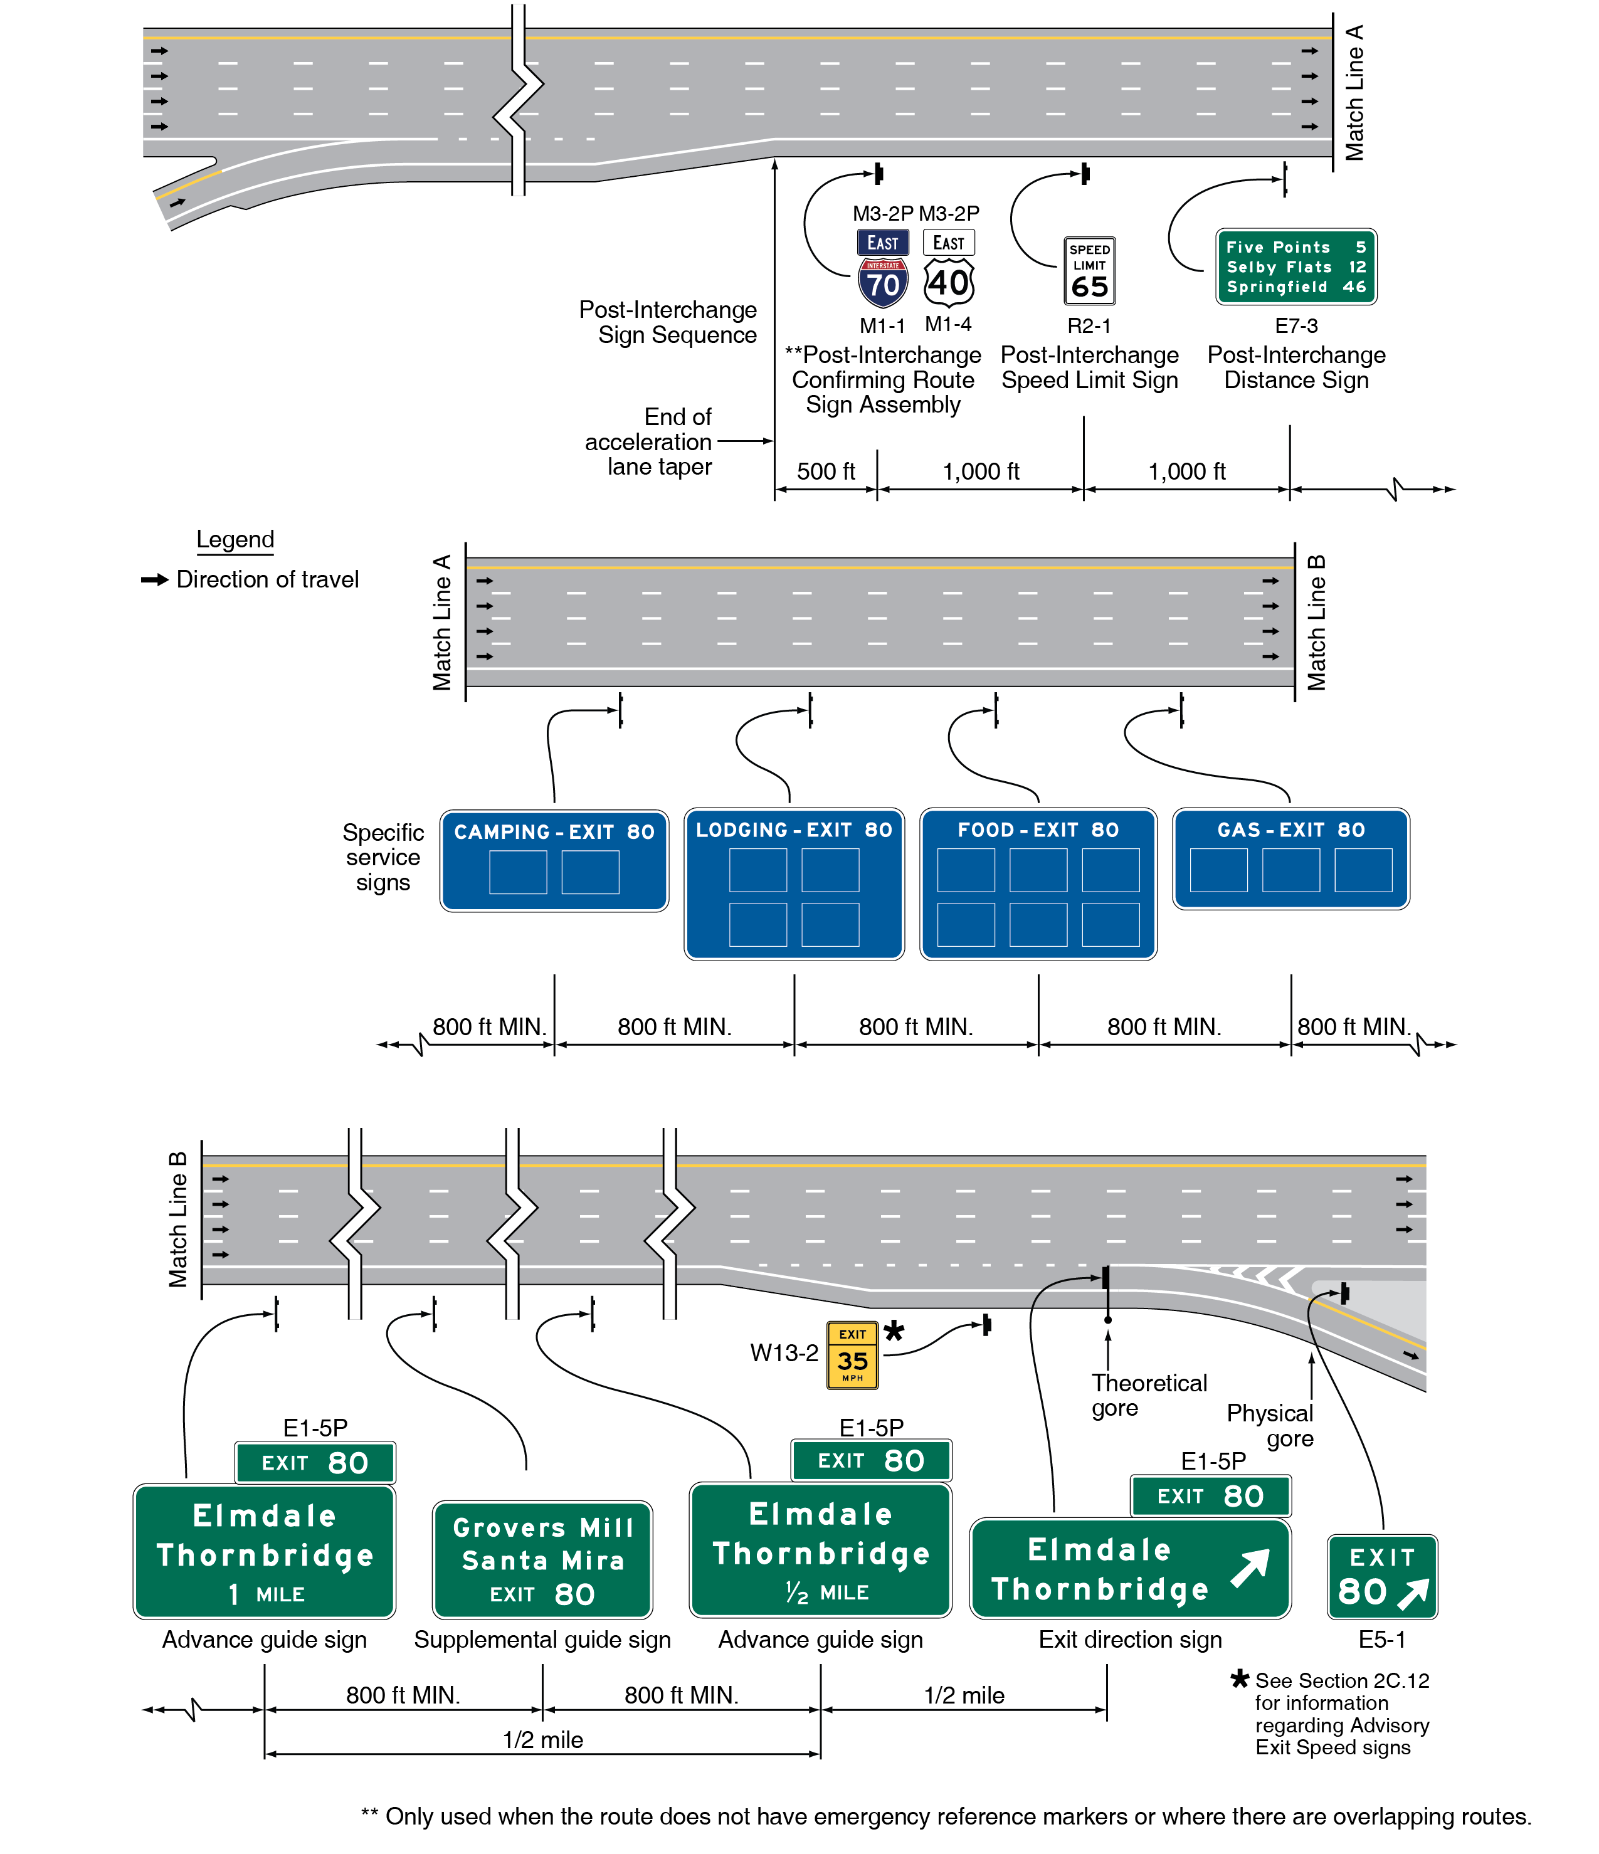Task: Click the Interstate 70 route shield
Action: [882, 283]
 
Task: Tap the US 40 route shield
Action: [949, 283]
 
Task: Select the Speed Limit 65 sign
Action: [1089, 270]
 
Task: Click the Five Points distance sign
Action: [1296, 266]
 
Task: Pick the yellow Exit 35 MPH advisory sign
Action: [852, 1356]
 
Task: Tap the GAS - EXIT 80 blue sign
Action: [1290, 858]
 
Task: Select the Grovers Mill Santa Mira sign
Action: [542, 1559]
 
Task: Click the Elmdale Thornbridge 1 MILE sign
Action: [264, 1552]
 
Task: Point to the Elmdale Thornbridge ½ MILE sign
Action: [821, 1551]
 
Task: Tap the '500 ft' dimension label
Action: [825, 471]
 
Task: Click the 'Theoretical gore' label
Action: [1148, 1395]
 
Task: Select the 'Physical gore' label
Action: [1270, 1425]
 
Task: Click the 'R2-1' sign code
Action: [1089, 325]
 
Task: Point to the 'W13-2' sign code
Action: [784, 1353]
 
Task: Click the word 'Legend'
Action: [235, 540]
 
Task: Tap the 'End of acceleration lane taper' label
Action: [650, 442]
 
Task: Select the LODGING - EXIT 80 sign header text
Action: [794, 830]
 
